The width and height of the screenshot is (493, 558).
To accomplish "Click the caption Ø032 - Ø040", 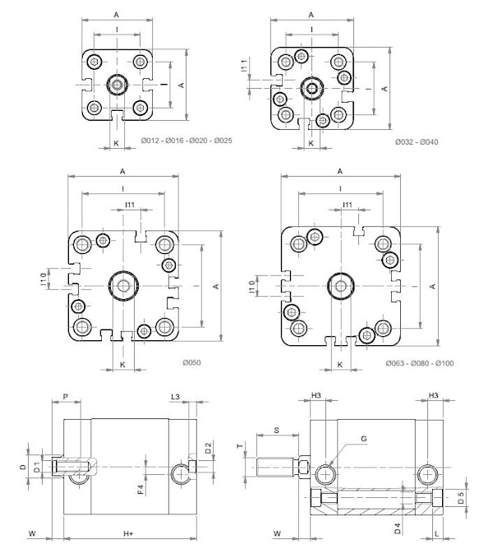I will coord(417,142).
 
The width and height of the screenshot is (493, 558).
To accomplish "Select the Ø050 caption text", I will coord(191,362).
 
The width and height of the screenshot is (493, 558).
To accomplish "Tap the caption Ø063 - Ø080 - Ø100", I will coord(419,363).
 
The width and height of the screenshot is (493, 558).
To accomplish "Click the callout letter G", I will coord(364,439).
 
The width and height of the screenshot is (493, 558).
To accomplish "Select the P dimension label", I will coord(65,397).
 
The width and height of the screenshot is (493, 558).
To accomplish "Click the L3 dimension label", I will coord(175,397).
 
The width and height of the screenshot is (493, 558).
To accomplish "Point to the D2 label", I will coord(209,448).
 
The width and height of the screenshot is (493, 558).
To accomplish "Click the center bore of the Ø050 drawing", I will coord(123,286).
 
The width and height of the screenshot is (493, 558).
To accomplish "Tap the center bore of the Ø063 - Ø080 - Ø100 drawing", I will coord(339,285).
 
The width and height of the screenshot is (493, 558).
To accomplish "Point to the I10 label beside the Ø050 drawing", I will coord(44,281).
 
